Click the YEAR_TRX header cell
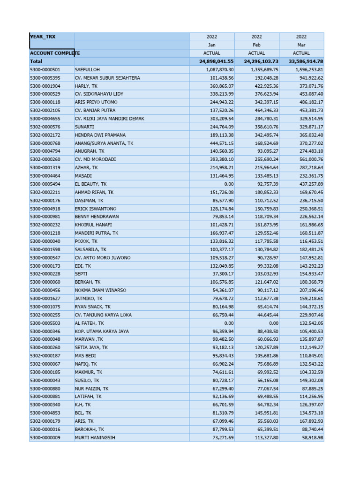(x=43, y=37)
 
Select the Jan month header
(x=212, y=45)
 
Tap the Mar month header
(x=301, y=45)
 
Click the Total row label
(x=36, y=61)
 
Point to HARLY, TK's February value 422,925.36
(x=261, y=86)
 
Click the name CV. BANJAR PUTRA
(x=96, y=110)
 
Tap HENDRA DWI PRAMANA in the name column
(x=100, y=135)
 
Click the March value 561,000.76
(x=307, y=159)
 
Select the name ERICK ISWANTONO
(x=96, y=209)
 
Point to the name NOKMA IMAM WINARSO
(x=100, y=290)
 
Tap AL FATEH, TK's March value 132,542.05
(x=307, y=323)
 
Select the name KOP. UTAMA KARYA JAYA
(x=102, y=331)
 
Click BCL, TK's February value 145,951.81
(x=261, y=413)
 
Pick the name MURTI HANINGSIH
(x=95, y=438)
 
